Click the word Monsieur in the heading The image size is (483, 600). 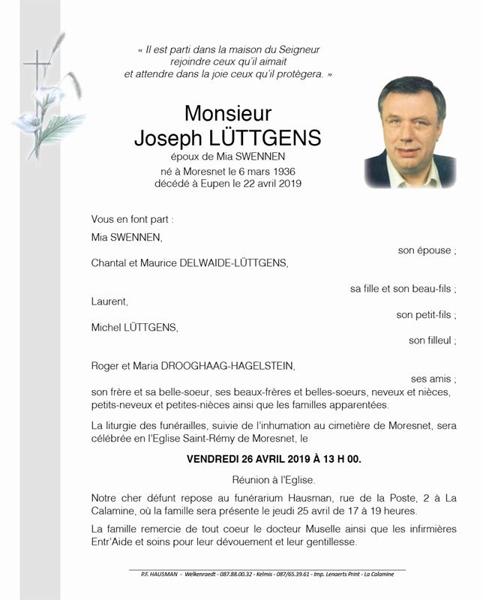point(227,113)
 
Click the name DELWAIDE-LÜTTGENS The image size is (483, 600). point(239,263)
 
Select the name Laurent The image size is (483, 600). point(109,301)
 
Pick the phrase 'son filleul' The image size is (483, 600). point(432,340)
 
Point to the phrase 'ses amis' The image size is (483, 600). point(433,379)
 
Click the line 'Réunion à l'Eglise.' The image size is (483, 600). point(274,479)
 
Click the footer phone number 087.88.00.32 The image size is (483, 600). point(241,574)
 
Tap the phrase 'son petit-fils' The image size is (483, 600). point(426,315)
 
